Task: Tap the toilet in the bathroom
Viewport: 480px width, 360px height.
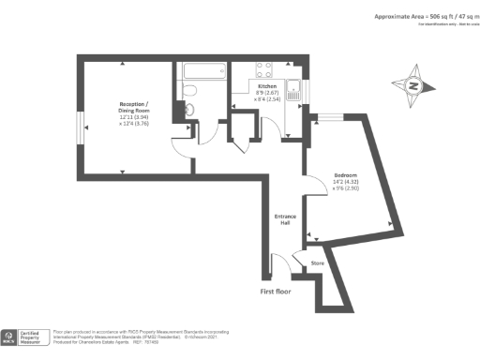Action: coord(187,90)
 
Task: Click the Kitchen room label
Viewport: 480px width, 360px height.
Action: coord(268,85)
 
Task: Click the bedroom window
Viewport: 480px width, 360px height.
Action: coord(330,117)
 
